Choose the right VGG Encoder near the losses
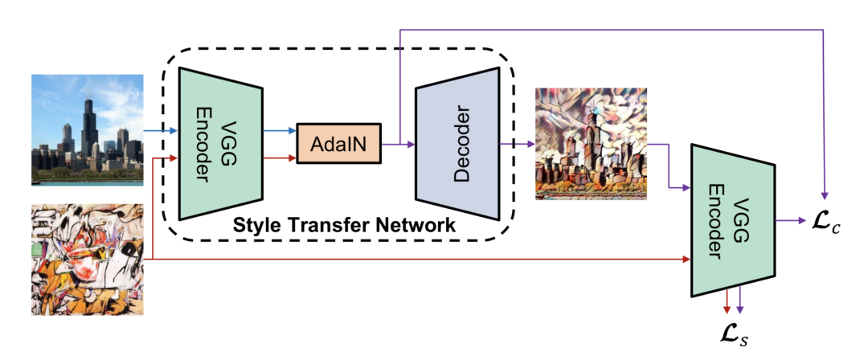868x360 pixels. point(732,219)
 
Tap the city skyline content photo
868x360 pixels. point(88,129)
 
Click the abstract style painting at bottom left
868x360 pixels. point(87,260)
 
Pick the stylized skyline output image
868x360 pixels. point(591,144)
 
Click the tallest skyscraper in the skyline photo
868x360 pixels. point(88,121)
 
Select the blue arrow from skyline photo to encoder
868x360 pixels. point(160,130)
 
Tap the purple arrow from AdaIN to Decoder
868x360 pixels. point(398,144)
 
